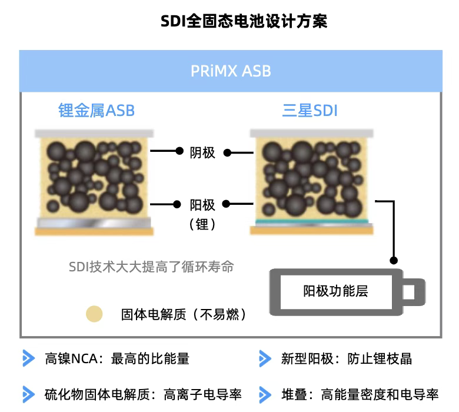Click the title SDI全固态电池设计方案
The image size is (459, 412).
(x=244, y=22)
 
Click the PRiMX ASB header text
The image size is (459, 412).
(x=231, y=71)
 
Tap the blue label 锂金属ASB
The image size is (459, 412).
(x=97, y=110)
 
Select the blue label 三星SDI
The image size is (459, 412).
(x=310, y=110)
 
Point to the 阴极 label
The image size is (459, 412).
(x=202, y=152)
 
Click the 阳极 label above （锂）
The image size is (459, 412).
(x=202, y=205)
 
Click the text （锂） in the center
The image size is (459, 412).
(x=202, y=224)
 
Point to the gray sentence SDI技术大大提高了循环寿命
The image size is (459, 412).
(x=151, y=267)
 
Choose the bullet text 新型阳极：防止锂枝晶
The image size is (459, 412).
(x=346, y=358)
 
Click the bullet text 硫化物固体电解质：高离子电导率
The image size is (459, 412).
(x=143, y=394)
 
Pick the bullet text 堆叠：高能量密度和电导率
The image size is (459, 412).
(x=360, y=394)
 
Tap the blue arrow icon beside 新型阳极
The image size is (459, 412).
(x=265, y=358)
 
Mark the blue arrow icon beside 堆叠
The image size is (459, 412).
(x=265, y=394)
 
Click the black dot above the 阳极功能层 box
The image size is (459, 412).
(x=394, y=260)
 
